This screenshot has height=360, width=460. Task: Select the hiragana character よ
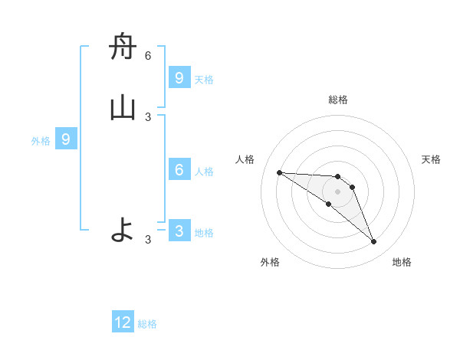[x=123, y=230]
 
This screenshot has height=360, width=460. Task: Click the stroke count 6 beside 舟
[x=148, y=56]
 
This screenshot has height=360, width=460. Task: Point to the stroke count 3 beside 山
[x=148, y=116]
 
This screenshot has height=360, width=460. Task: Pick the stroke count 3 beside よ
[x=148, y=240]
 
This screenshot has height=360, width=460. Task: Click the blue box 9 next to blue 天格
[x=179, y=77]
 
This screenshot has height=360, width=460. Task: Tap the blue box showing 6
[x=179, y=169]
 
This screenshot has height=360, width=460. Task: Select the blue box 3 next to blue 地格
[x=179, y=231]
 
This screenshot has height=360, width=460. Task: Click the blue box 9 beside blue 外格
[x=66, y=139]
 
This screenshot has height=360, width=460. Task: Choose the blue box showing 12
[x=123, y=322]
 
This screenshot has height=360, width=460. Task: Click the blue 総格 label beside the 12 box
[x=147, y=324]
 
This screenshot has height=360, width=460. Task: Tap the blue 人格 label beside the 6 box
[x=204, y=171]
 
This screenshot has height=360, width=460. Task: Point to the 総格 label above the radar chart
[x=338, y=100]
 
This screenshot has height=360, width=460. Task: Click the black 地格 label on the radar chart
[x=402, y=262]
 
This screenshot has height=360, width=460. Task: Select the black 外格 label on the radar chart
[x=270, y=262]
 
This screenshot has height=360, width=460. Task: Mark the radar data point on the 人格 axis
[x=279, y=172]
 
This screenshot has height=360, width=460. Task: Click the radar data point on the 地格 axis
[x=373, y=242]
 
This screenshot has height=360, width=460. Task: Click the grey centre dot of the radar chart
[x=338, y=191]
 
